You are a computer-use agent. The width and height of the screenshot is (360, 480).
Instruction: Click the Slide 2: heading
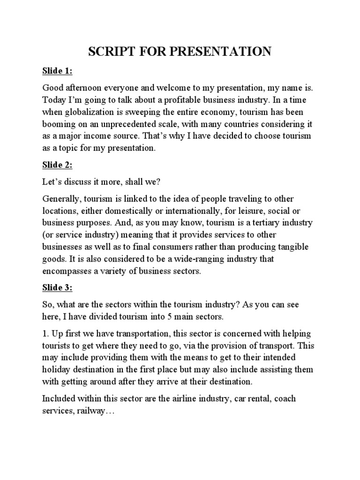58,165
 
